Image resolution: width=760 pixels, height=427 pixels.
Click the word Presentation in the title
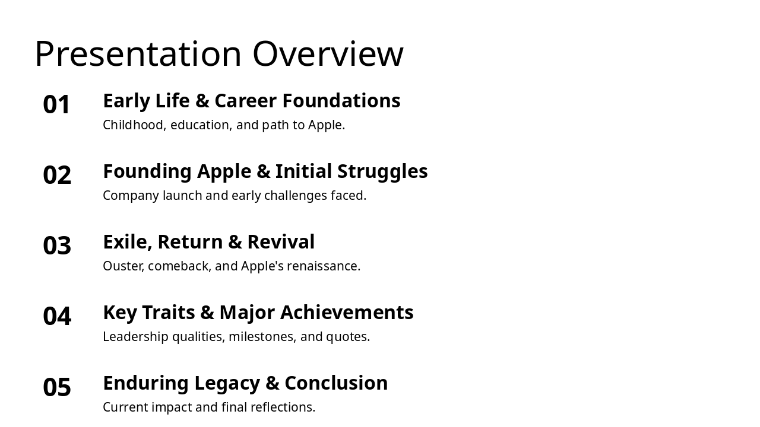138,54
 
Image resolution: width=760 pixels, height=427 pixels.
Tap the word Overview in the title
328,54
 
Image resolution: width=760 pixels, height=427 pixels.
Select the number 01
57,105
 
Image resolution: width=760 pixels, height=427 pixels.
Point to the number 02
57,176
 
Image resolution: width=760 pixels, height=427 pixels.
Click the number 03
57,246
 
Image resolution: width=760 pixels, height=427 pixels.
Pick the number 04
57,317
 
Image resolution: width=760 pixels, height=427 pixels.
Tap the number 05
57,387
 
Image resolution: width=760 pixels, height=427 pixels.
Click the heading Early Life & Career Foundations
251,101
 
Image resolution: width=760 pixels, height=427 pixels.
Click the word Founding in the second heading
147,171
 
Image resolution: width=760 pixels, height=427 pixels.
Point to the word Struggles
382,171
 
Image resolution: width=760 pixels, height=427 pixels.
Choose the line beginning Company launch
235,196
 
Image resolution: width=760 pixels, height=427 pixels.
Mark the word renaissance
324,266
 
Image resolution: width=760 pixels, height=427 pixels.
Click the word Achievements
347,313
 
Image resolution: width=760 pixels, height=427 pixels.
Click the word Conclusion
336,383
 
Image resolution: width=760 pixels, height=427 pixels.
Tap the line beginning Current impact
209,407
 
